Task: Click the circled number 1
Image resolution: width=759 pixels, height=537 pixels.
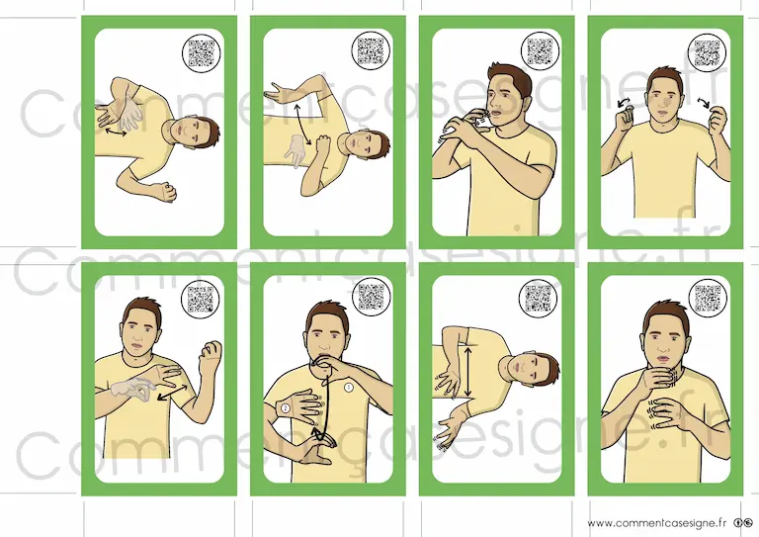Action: click(x=349, y=388)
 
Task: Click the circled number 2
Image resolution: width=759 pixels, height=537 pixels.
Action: click(x=285, y=408)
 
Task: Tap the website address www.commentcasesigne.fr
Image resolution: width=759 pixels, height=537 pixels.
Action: click(x=657, y=523)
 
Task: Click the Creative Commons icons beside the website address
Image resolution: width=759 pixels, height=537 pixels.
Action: click(x=743, y=523)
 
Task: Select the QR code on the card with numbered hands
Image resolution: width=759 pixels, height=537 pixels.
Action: click(x=371, y=297)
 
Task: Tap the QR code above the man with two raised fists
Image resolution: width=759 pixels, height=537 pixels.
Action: click(x=707, y=52)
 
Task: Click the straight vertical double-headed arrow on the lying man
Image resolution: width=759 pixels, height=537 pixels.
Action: click(x=467, y=370)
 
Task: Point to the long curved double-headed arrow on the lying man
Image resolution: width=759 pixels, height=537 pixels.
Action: click(x=302, y=124)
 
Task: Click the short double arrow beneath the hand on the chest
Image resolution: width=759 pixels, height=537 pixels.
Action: click(x=116, y=132)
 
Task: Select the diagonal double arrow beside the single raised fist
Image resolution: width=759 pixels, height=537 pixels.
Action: click(x=172, y=392)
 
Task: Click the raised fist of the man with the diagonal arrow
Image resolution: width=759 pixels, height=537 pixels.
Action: click(x=211, y=352)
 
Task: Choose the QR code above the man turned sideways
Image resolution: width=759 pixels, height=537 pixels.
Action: click(x=540, y=50)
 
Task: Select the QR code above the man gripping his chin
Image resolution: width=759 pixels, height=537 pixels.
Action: click(x=708, y=298)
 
